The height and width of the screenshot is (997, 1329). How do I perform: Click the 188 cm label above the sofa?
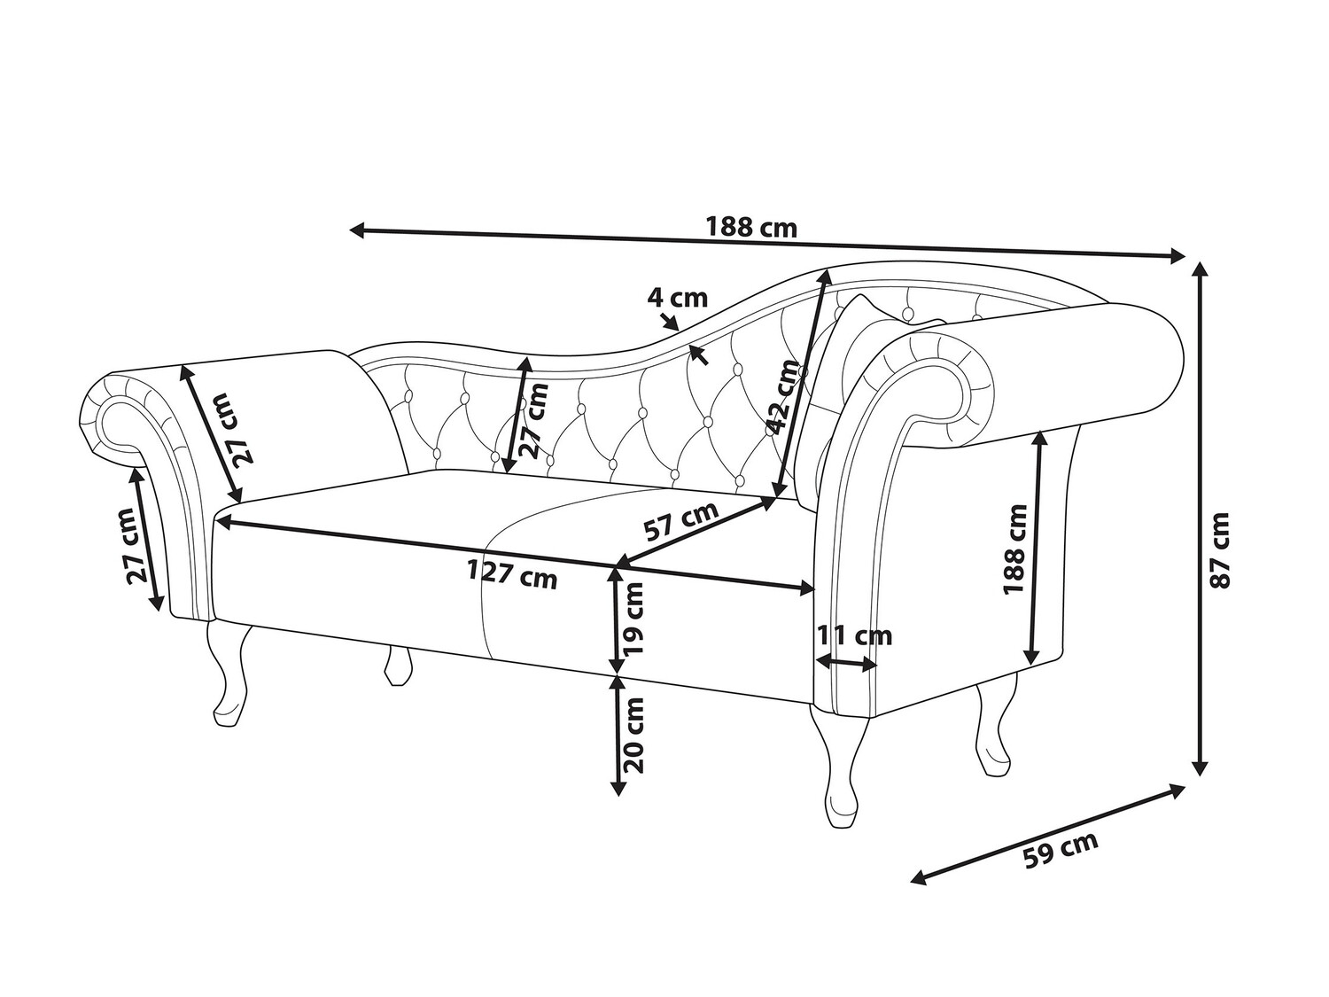[751, 228]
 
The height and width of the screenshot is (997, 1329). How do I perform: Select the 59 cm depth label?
[1061, 849]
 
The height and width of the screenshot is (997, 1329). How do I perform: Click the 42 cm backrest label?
[785, 397]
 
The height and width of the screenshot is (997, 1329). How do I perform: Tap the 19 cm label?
[634, 619]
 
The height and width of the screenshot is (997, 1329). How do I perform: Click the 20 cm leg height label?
[633, 735]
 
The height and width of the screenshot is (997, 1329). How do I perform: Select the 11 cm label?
[855, 635]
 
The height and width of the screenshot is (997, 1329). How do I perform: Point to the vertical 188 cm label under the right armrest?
[1015, 549]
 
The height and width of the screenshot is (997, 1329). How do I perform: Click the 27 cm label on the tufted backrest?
[535, 420]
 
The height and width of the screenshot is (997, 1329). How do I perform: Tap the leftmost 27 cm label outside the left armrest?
[137, 545]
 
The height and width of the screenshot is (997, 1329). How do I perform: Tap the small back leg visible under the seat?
[397, 665]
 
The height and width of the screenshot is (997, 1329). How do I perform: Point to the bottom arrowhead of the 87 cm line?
[1200, 767]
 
